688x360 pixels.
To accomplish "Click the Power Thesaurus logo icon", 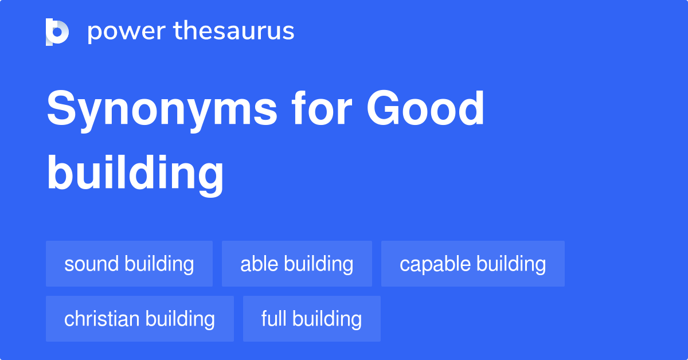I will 57,32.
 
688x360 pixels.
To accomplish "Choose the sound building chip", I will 129,264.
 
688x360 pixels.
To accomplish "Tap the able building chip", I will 296,264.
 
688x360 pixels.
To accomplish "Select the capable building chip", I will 472,264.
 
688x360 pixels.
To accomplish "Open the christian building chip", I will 139,319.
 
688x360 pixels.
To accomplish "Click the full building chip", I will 311,319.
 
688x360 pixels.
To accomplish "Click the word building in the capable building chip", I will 511,264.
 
